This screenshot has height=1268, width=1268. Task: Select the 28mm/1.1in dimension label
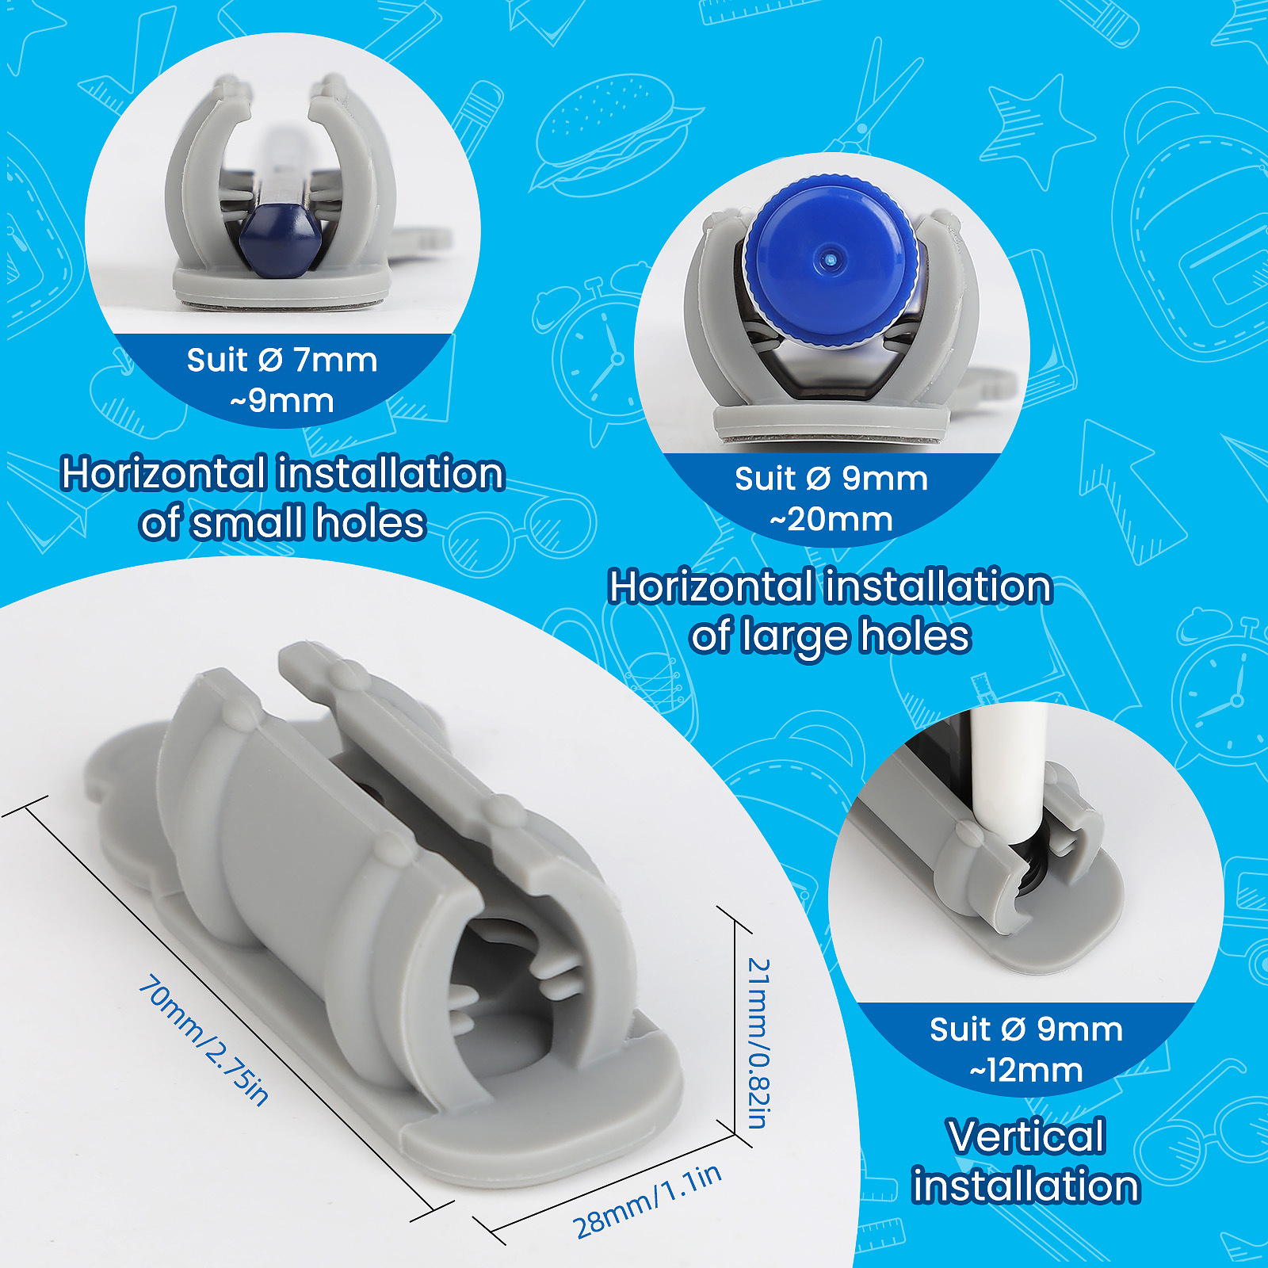pos(647,1201)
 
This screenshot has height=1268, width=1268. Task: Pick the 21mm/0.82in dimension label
pos(758,1043)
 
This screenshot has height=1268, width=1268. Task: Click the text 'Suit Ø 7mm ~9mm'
pos(282,380)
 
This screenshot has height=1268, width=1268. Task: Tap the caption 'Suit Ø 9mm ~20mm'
pos(831,498)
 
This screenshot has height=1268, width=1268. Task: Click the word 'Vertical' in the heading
pos(1026,1136)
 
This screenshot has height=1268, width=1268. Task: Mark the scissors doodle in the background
pos(872,95)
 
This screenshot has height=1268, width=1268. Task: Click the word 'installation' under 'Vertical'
pos(1026,1186)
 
